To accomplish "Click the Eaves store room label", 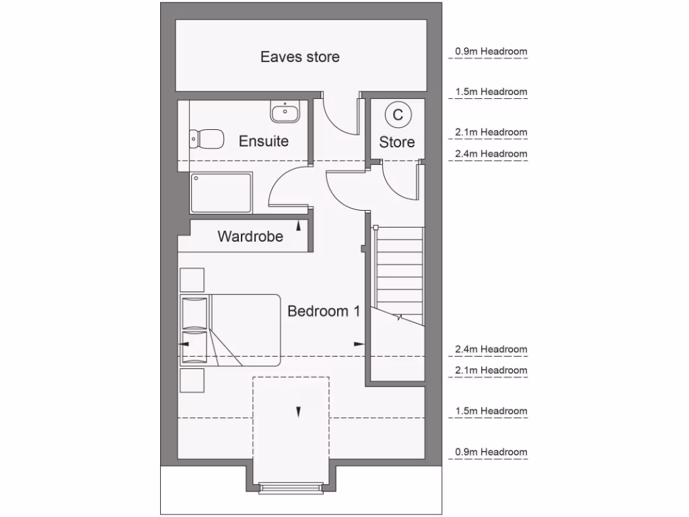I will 300,57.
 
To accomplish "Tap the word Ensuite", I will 264,141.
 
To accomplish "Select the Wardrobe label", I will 250,237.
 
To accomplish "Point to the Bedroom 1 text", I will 324,312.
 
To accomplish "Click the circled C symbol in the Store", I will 398,115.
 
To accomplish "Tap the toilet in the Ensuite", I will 207,139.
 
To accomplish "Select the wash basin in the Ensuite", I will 285,112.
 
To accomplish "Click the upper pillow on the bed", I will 194,312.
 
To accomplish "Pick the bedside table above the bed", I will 192,279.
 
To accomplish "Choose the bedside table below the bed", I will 192,380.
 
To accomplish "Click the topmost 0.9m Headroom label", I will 491,51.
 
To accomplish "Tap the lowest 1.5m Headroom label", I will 491,411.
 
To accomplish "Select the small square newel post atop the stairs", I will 375,228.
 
